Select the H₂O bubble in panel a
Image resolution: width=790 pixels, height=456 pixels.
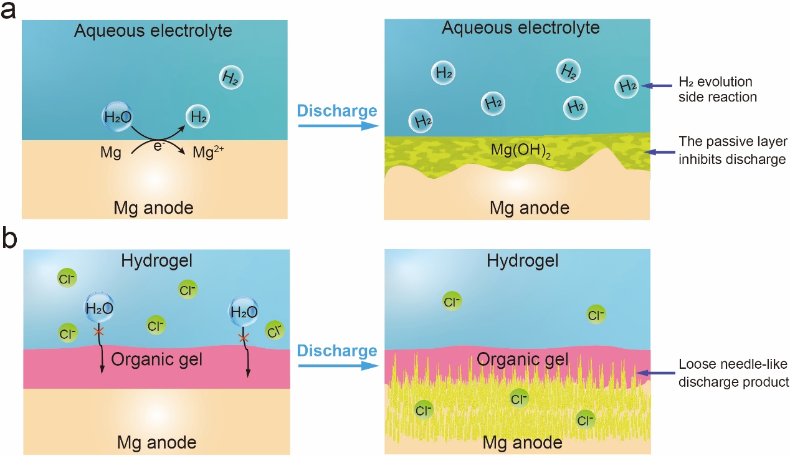click(117, 116)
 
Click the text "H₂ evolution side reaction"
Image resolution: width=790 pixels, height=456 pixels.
click(715, 89)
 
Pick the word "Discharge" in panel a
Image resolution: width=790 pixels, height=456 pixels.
click(336, 112)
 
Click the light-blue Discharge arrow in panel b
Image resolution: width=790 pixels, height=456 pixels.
click(338, 367)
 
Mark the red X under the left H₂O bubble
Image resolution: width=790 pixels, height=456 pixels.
click(98, 331)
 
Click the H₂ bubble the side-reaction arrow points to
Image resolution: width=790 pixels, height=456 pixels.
click(626, 86)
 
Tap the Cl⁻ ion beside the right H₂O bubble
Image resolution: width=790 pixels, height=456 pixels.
click(274, 330)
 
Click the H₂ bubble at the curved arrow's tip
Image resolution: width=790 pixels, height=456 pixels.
click(197, 116)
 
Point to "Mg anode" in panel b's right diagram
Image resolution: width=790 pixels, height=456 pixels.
click(522, 443)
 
